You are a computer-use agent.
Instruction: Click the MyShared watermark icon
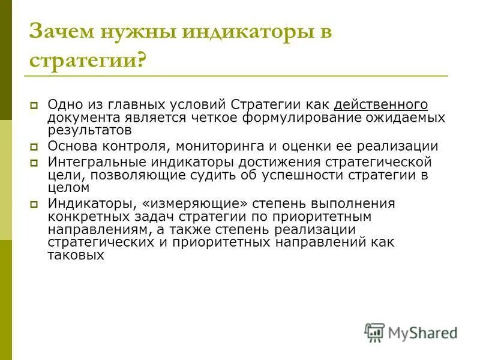[x=374, y=332]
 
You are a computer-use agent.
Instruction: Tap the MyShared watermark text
[x=422, y=332]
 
